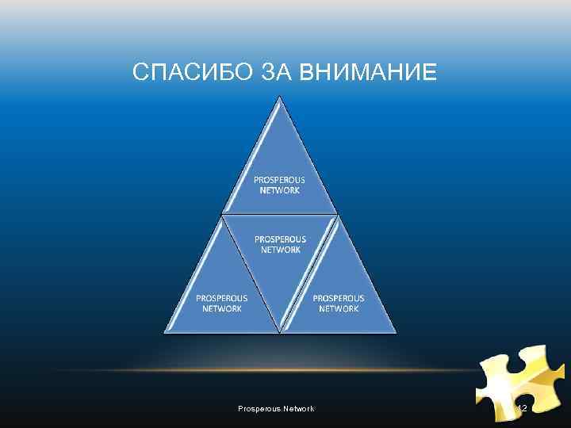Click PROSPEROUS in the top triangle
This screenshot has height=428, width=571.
[279, 180]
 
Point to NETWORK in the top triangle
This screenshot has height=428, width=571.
[279, 190]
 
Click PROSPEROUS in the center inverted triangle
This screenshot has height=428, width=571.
[280, 239]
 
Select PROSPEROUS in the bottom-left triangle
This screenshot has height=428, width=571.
[222, 298]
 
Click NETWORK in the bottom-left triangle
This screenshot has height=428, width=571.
[222, 308]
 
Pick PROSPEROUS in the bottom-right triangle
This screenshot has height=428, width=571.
[339, 298]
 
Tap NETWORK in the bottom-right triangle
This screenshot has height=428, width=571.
[339, 308]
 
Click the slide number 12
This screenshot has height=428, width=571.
[522, 408]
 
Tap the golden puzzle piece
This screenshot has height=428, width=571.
[519, 380]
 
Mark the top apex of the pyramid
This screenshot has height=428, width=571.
[279, 98]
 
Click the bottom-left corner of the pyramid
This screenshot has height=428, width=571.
[166, 331]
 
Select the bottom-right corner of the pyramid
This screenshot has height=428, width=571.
[394, 331]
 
